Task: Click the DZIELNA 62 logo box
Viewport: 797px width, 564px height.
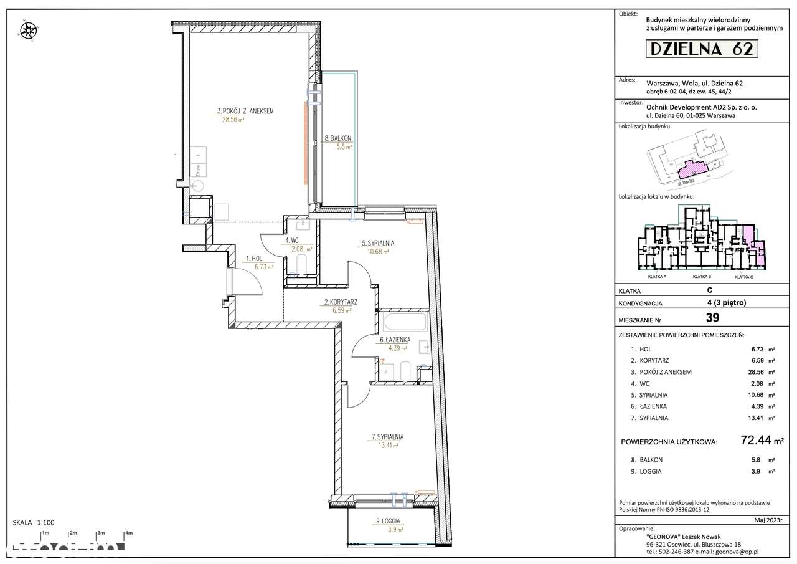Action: pyautogui.click(x=700, y=49)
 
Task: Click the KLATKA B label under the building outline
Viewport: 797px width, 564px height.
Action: pyautogui.click(x=702, y=277)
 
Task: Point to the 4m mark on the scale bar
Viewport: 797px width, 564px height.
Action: pyautogui.click(x=129, y=533)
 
